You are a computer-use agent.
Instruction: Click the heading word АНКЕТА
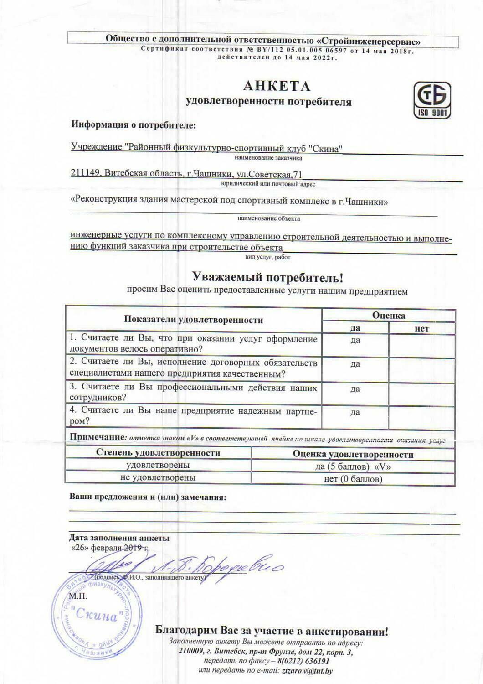click(277, 86)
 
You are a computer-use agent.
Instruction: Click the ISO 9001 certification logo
click(432, 100)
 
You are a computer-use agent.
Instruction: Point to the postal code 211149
click(86, 173)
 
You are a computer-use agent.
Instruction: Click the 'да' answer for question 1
click(355, 340)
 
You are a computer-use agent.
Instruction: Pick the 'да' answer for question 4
click(355, 412)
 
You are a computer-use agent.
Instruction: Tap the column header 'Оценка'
click(388, 315)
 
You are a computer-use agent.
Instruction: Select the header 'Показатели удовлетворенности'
click(194, 320)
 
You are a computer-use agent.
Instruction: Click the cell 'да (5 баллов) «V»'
click(353, 466)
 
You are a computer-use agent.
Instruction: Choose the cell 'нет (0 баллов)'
click(353, 479)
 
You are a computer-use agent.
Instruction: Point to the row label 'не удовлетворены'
click(158, 478)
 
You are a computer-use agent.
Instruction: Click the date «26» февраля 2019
click(109, 547)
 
